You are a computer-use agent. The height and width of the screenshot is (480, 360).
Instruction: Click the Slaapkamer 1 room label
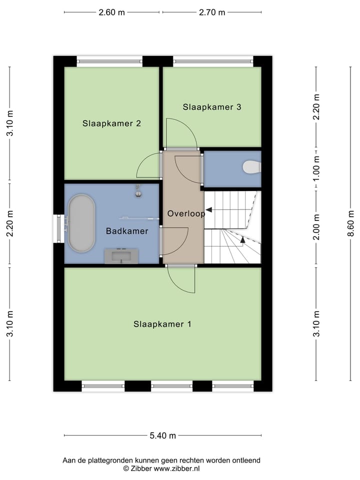pyautogui.click(x=162, y=324)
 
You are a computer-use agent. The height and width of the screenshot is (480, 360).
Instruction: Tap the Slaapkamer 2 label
pyautogui.click(x=111, y=123)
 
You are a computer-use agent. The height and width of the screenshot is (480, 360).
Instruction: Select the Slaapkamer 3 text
pyautogui.click(x=212, y=106)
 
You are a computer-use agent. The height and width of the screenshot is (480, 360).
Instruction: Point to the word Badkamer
pyautogui.click(x=127, y=231)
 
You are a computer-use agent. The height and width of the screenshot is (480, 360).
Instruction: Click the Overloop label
pyautogui.click(x=186, y=213)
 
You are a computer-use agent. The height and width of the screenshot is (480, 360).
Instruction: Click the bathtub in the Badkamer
pyautogui.click(x=81, y=223)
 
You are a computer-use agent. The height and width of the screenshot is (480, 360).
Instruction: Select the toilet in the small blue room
pyautogui.click(x=251, y=166)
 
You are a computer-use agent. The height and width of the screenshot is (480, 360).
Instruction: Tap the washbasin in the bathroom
pyautogui.click(x=121, y=256)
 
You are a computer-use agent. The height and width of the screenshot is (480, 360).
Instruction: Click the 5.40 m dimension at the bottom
pyautogui.click(x=162, y=435)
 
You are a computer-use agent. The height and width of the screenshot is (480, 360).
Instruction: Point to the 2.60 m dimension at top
pyautogui.click(x=111, y=12)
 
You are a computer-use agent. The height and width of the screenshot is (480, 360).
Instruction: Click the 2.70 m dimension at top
pyautogui.click(x=212, y=12)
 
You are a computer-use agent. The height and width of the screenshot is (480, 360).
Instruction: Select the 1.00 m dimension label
pyautogui.click(x=316, y=168)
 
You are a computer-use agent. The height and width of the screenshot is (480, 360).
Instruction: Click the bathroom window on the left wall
pyautogui.click(x=59, y=228)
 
